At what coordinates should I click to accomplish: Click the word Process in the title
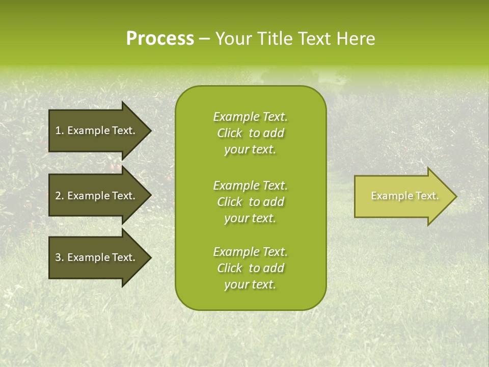pos(160,39)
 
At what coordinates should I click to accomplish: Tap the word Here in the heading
pos(357,39)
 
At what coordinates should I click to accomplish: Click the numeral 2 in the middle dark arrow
pos(58,196)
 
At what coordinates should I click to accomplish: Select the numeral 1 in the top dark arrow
pos(58,130)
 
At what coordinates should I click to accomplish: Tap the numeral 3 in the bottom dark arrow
pos(58,257)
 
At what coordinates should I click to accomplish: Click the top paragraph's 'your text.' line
pos(250,150)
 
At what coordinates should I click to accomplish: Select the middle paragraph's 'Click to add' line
pos(250,202)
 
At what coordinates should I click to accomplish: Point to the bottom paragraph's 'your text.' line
pos(250,285)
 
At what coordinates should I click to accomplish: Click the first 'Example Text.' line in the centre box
pos(250,117)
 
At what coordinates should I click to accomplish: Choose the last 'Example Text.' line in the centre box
pos(250,252)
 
